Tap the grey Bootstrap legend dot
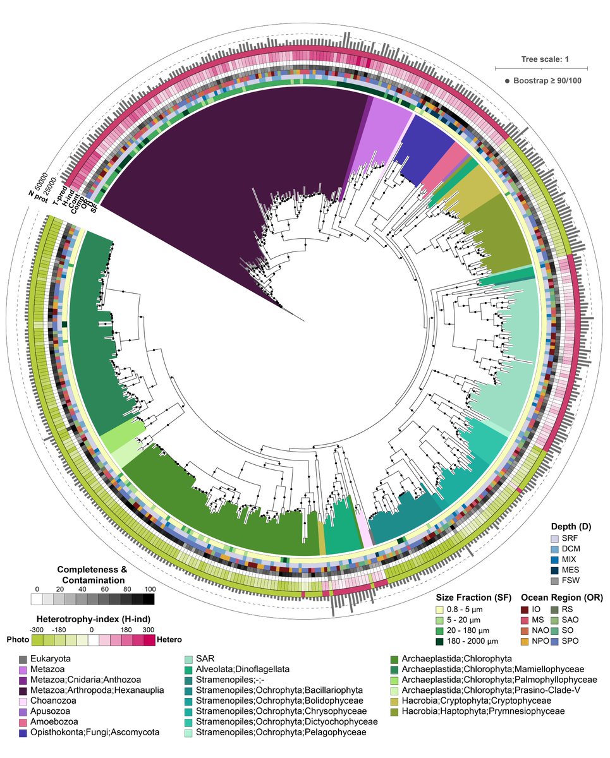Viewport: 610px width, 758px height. [x=507, y=81]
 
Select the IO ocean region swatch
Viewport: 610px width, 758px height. [x=524, y=609]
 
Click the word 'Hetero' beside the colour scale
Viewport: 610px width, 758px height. [x=169, y=641]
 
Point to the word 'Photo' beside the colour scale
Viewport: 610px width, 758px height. [x=18, y=641]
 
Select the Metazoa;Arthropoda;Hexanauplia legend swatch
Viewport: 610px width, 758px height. [x=23, y=690]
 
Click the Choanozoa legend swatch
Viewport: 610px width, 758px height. [x=23, y=701]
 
